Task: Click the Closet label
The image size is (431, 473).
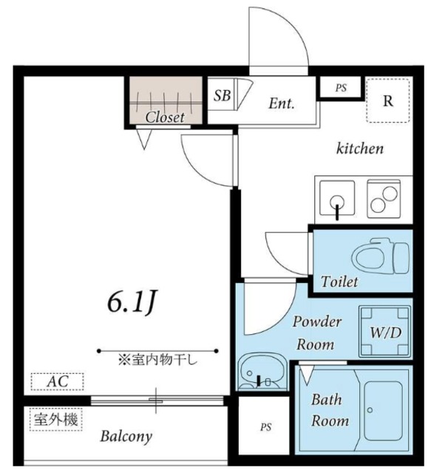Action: click(x=164, y=116)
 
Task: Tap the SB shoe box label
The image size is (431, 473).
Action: click(x=222, y=95)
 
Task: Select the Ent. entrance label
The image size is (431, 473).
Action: click(x=280, y=104)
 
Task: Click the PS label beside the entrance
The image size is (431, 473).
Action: click(x=341, y=88)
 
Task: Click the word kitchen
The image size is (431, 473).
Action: click(x=360, y=149)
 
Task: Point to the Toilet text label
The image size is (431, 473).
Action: click(x=339, y=282)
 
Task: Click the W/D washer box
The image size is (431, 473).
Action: click(x=384, y=332)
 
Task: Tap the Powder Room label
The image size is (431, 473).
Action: click(x=316, y=333)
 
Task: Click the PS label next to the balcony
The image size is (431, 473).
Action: click(x=265, y=427)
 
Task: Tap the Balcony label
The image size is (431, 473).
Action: click(x=126, y=436)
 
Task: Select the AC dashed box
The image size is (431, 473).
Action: click(x=57, y=382)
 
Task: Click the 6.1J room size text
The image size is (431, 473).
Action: click(x=134, y=302)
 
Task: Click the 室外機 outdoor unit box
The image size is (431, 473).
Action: click(x=55, y=419)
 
